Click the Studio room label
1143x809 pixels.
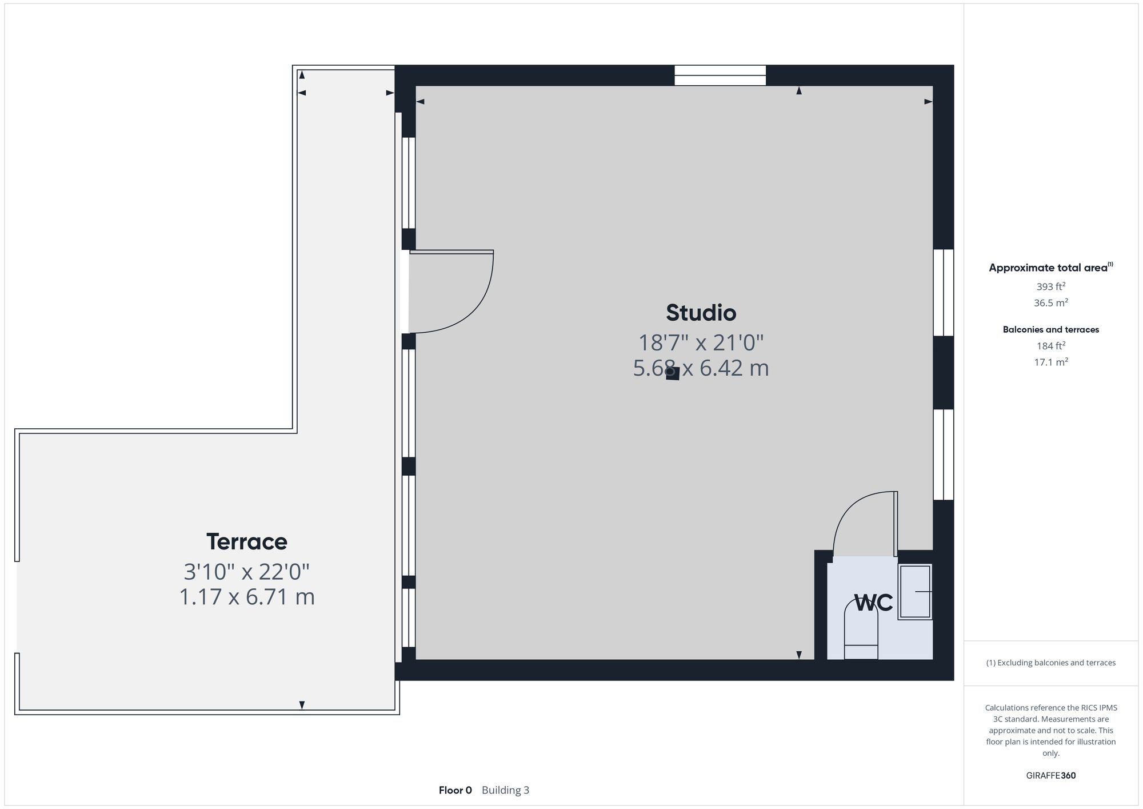tap(701, 313)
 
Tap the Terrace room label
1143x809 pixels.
tap(246, 541)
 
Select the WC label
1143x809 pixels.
tap(873, 603)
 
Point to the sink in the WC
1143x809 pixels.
tap(914, 591)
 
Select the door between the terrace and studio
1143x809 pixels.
tap(451, 292)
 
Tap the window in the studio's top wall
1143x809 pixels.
tap(720, 75)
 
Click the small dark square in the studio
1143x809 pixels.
tap(673, 374)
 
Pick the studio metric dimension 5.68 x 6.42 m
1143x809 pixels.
tap(701, 368)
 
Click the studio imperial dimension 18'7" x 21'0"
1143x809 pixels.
tap(701, 342)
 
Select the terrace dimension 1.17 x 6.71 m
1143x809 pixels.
tap(247, 597)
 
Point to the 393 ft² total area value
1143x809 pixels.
tap(1050, 286)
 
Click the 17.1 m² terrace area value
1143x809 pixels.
tap(1050, 362)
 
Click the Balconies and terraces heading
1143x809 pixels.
tap(1050, 329)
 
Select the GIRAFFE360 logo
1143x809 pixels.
tap(1050, 775)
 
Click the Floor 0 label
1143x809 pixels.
tap(455, 790)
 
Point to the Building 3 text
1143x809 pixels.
tap(505, 790)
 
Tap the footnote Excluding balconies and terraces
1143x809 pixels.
tap(1050, 663)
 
